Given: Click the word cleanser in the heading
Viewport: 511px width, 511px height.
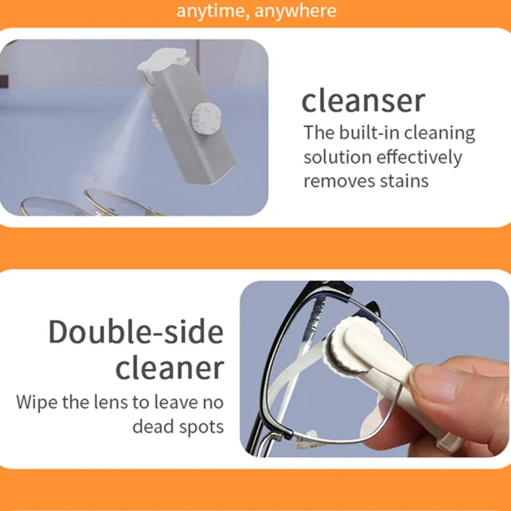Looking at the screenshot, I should (363, 102).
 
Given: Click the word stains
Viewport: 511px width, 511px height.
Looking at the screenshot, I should (402, 181).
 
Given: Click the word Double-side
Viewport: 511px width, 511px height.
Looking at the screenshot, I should (136, 332).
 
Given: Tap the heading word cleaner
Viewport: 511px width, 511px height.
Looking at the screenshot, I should (169, 368).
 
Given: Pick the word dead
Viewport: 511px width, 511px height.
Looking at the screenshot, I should (153, 426).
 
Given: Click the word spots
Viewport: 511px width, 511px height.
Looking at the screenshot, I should (202, 427).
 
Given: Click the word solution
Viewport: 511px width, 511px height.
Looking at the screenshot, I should (337, 157).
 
